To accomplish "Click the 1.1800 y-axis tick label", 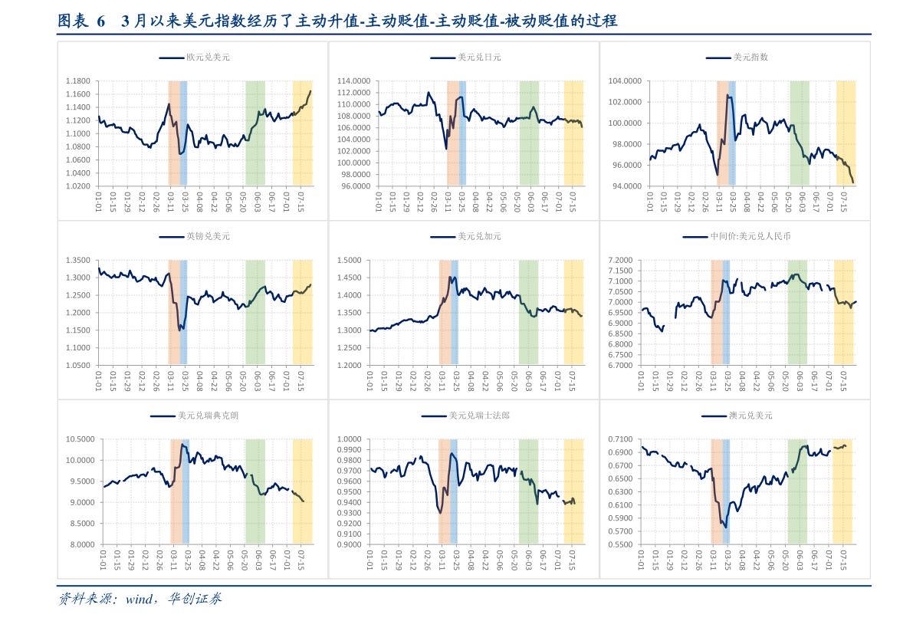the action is (78, 81).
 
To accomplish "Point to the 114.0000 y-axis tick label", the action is (353, 81).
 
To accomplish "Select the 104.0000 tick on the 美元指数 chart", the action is (625, 81).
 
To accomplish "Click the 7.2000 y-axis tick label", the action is (620, 261).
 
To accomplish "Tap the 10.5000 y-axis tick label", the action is (80, 439).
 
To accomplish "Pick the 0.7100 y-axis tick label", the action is (620, 439).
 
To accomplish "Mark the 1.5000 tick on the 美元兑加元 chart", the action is (350, 261).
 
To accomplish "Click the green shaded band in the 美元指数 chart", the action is (800, 133).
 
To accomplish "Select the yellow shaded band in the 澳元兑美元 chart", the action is (842, 491).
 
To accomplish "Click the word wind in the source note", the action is (140, 599).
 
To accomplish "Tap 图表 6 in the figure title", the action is (81, 21).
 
